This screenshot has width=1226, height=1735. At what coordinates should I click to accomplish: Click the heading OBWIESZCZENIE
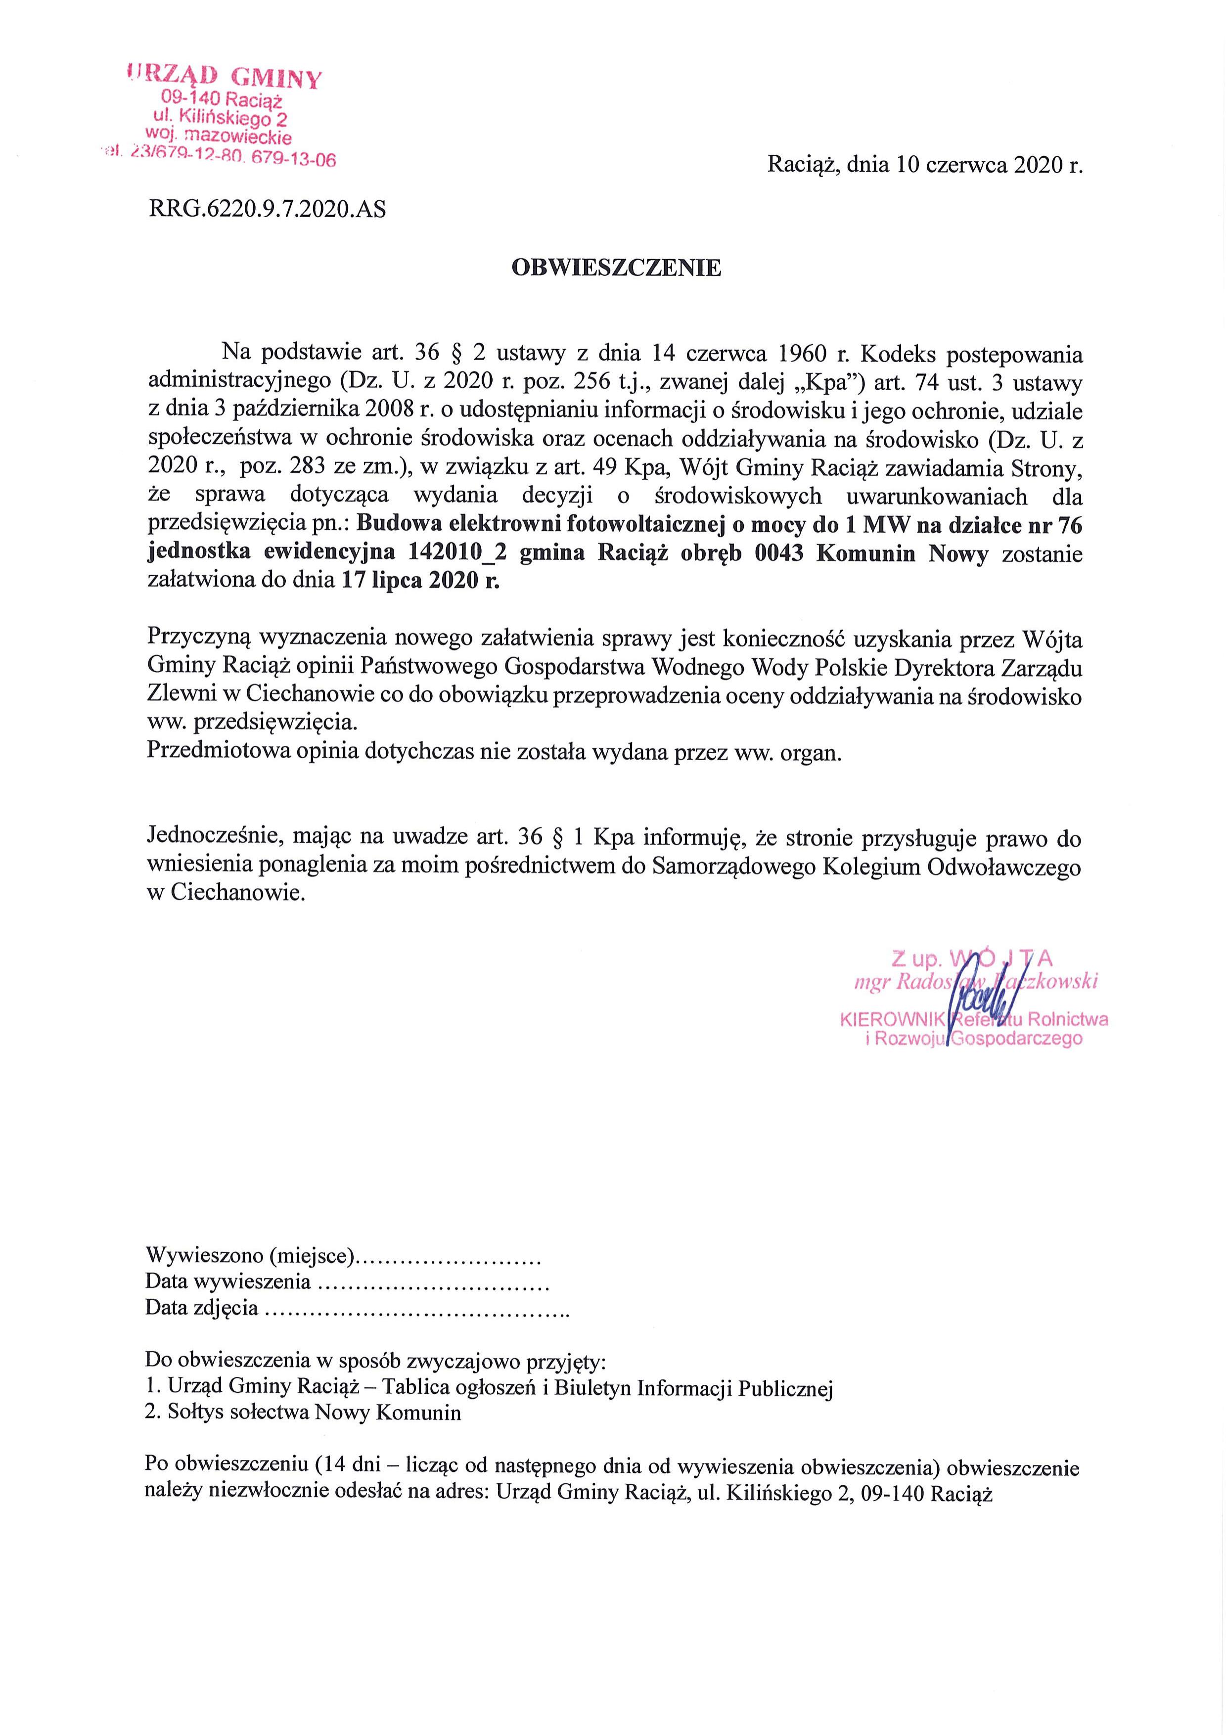(x=616, y=268)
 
